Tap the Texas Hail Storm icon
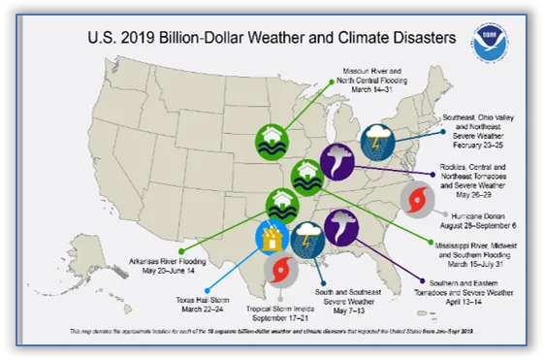271,238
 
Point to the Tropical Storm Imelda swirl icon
281,269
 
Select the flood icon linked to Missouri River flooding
272,140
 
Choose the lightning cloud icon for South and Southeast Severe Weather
308,238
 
